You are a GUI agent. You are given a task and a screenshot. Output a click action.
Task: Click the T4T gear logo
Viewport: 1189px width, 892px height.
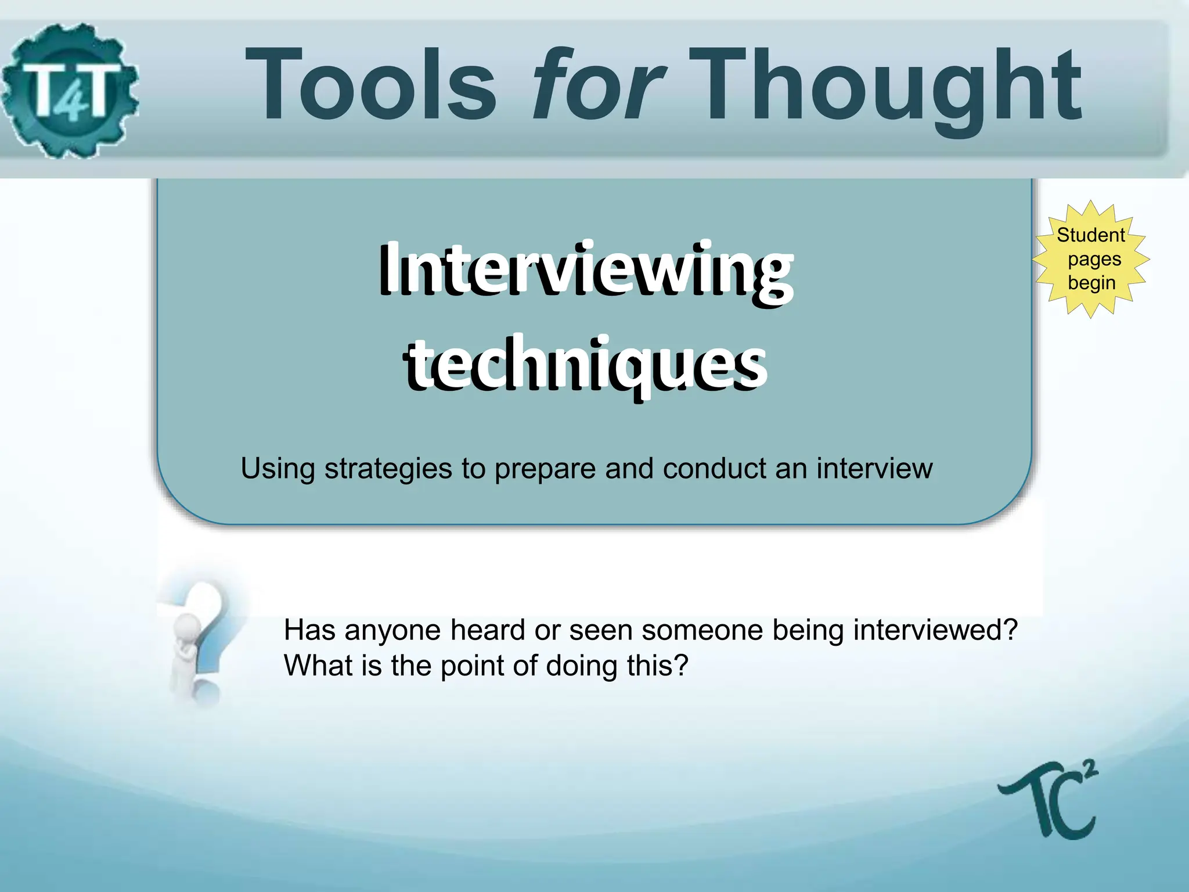point(70,90)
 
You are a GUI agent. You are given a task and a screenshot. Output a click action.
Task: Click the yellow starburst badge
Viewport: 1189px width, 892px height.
point(1091,259)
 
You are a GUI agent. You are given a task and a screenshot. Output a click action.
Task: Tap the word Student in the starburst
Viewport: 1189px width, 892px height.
point(1090,235)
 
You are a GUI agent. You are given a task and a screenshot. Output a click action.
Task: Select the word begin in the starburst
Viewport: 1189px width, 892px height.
point(1091,283)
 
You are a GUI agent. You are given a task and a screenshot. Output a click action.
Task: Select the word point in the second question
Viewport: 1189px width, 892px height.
point(472,666)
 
